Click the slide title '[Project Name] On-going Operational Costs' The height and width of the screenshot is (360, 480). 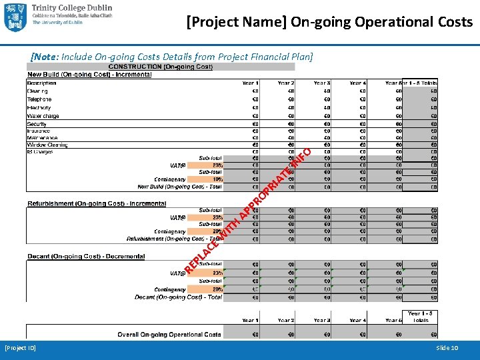coord(329,22)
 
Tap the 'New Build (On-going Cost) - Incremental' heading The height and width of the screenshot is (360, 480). coord(89,74)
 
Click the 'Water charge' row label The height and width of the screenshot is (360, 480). coord(43,116)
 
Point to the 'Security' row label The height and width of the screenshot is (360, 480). coord(37,124)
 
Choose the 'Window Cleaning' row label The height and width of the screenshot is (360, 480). coord(47,145)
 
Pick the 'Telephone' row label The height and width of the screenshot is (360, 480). coord(39,99)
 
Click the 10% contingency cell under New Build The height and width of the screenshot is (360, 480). coord(217,179)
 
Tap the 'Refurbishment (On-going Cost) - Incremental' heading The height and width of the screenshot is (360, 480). coord(97,203)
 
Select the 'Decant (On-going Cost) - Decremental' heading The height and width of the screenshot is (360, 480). coord(86,257)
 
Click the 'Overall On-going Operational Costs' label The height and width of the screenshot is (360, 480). coord(169,334)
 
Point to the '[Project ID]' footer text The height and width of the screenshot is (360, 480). coord(21,348)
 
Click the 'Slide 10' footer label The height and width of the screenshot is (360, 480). coord(447,348)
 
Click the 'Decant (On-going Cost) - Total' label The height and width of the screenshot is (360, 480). coord(178,297)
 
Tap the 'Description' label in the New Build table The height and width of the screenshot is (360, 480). coord(41,83)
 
